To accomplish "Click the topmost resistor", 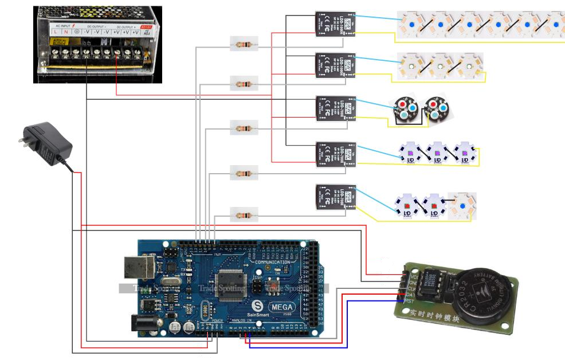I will point(244,44).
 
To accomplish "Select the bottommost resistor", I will point(244,216).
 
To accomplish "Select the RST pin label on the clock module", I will point(408,300).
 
